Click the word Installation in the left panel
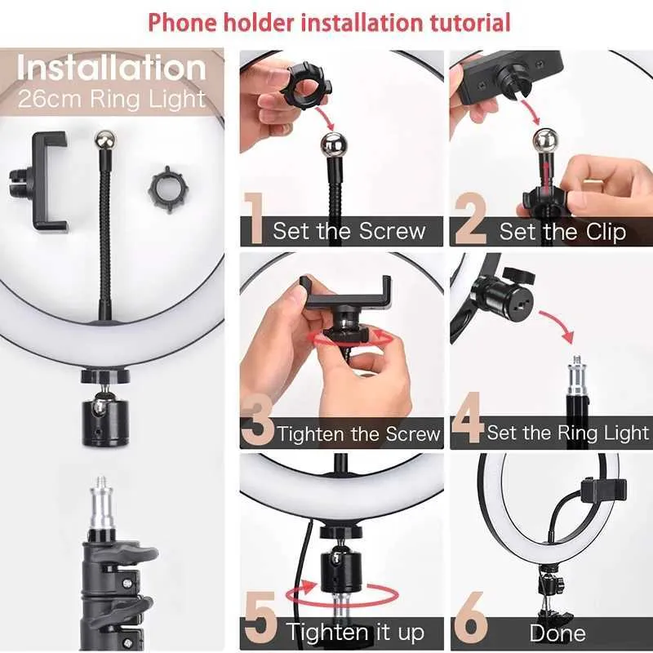(112, 67)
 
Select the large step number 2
(470, 220)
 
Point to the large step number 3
(258, 423)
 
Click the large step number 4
(468, 423)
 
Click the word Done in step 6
(557, 633)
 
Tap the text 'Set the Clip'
(562, 231)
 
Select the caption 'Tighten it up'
(355, 632)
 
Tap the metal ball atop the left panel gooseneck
(104, 138)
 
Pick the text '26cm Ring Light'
(112, 100)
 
